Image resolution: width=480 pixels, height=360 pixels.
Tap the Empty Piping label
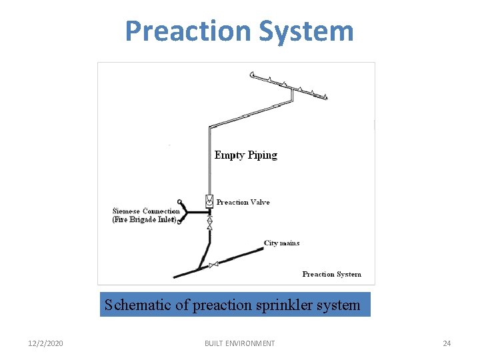click(x=245, y=155)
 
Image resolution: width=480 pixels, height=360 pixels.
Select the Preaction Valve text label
click(x=243, y=202)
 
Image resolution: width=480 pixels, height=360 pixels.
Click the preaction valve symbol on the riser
click(x=209, y=201)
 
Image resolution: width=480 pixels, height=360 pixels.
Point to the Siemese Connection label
click(x=146, y=211)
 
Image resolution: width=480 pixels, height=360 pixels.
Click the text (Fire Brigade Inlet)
click(x=145, y=219)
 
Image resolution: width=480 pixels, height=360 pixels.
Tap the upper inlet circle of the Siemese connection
click(x=179, y=201)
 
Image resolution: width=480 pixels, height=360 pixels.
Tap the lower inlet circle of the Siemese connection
click(x=179, y=221)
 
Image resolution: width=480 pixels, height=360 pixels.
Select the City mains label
click(x=281, y=243)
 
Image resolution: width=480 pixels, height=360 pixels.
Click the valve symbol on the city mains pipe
click(x=213, y=265)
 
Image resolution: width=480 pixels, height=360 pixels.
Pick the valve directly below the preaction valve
click(x=209, y=223)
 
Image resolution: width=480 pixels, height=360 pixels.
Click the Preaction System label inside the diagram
click(x=331, y=274)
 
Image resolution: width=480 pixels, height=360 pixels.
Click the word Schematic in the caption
click(x=137, y=305)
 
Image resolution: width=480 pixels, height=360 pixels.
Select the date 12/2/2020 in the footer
click(x=46, y=343)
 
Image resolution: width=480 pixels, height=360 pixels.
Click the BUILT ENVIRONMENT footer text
click(x=239, y=343)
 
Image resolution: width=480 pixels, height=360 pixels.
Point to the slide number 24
click(x=447, y=343)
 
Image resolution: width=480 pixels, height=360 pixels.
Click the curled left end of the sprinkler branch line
click(x=252, y=74)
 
